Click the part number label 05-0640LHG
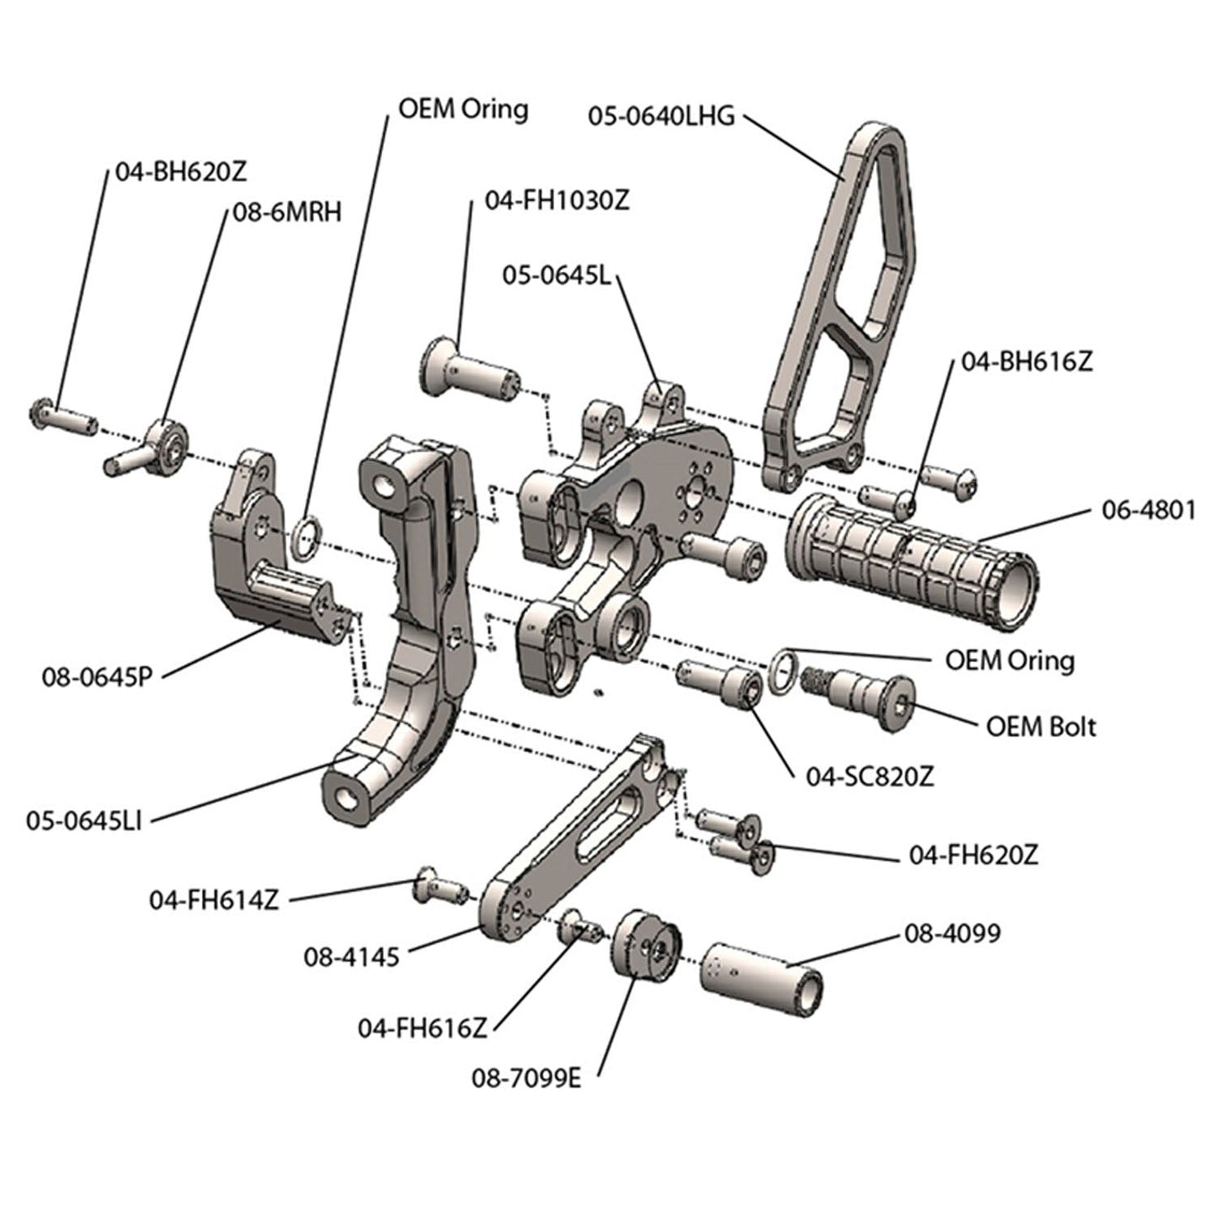[x=661, y=116]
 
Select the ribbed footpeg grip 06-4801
[x=910, y=561]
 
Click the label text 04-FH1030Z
[x=557, y=201]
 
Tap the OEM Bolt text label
[x=1041, y=725]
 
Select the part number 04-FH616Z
[x=423, y=1028]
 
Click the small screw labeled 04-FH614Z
[x=438, y=888]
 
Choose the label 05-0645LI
[x=83, y=820]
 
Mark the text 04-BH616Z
[x=1027, y=361]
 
